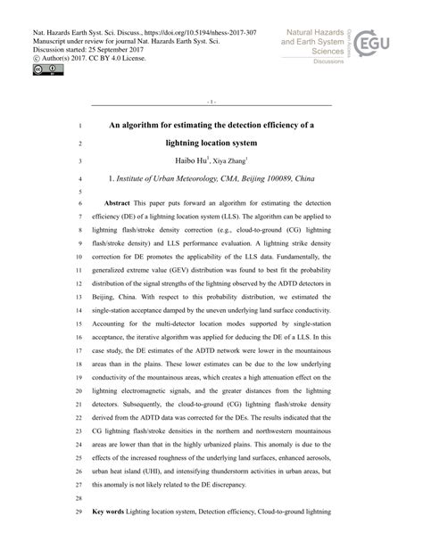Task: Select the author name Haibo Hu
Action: [189, 161]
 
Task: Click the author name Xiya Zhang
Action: [235, 162]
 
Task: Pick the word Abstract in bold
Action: [118, 204]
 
